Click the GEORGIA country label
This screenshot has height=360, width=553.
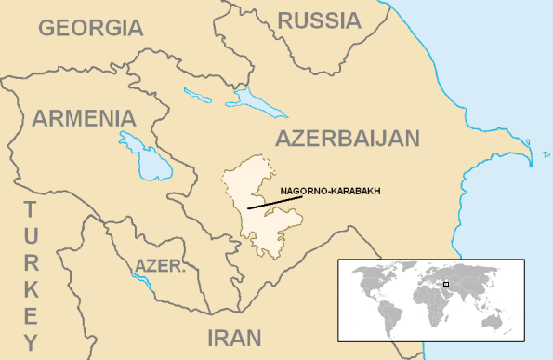click(x=91, y=27)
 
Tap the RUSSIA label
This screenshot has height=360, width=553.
click(x=320, y=20)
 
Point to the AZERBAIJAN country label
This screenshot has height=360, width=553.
click(x=348, y=140)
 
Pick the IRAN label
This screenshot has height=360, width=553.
click(x=234, y=337)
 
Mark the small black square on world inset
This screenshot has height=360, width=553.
click(x=446, y=284)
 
